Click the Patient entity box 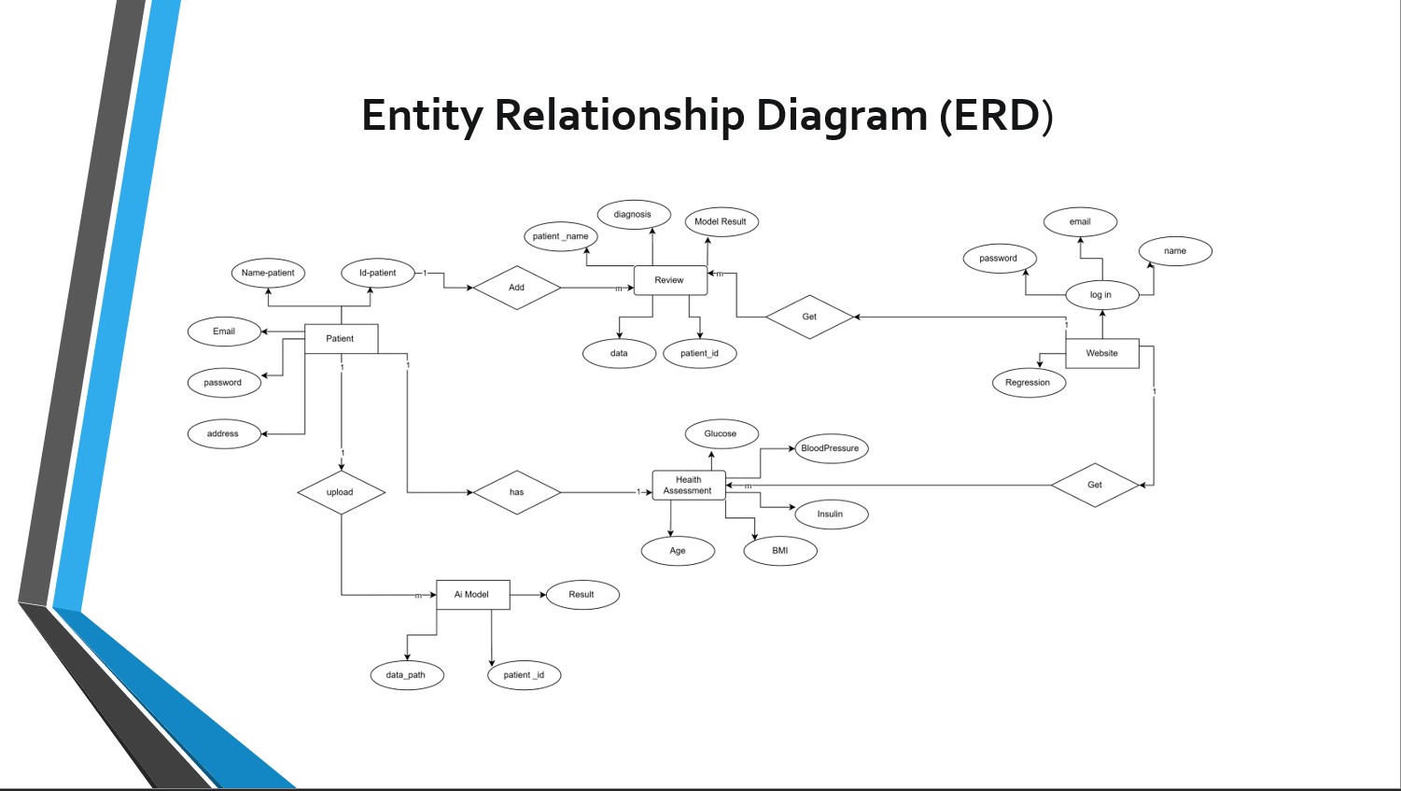pyautogui.click(x=341, y=339)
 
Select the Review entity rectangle pyautogui.click(x=670, y=280)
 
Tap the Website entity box pyautogui.click(x=1101, y=353)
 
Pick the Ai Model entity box pyautogui.click(x=472, y=595)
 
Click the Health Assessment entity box pyautogui.click(x=688, y=486)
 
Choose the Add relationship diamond pyautogui.click(x=516, y=288)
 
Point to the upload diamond pyautogui.click(x=341, y=492)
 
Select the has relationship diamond pyautogui.click(x=516, y=492)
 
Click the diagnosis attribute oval pyautogui.click(x=633, y=215)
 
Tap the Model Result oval pyautogui.click(x=721, y=222)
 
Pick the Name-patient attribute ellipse pyautogui.click(x=268, y=274)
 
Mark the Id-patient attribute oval pyautogui.click(x=377, y=274)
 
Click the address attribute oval pyautogui.click(x=224, y=434)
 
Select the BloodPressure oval pyautogui.click(x=830, y=448)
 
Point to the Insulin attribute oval pyautogui.click(x=830, y=515)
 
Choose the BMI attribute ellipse pyautogui.click(x=780, y=551)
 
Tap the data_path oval pyautogui.click(x=406, y=675)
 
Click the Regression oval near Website pyautogui.click(x=1028, y=383)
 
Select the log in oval pyautogui.click(x=1101, y=295)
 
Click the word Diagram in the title pyautogui.click(x=841, y=116)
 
